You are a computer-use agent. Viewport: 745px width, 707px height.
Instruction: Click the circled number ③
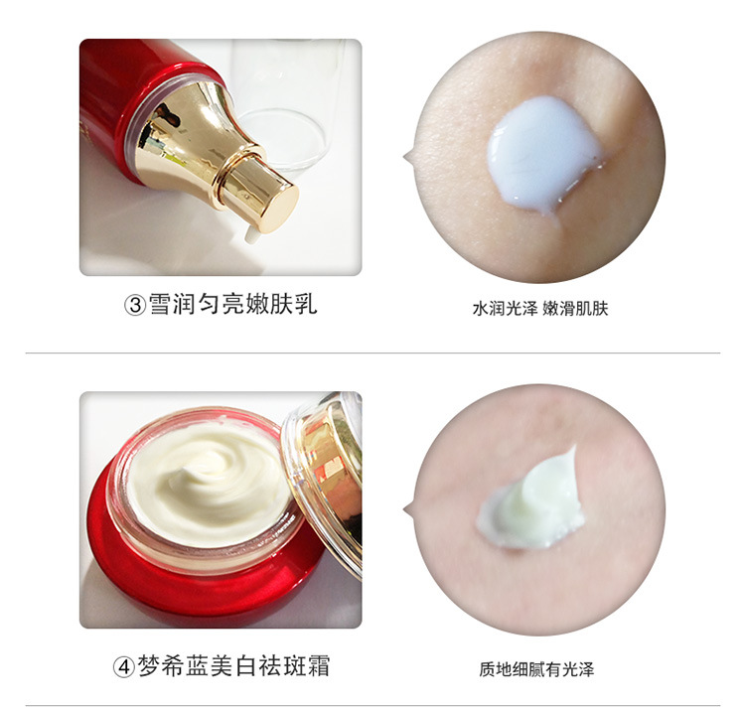(135, 305)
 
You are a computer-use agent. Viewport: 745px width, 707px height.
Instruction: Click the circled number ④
(123, 667)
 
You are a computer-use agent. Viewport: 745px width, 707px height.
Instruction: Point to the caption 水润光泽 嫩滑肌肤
(540, 309)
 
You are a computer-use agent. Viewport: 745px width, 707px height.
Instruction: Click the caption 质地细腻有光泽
(536, 669)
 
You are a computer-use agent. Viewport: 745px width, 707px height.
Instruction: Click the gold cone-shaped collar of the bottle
(190, 133)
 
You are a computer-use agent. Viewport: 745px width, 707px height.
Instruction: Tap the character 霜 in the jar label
(318, 665)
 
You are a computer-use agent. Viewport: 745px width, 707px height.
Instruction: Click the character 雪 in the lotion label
(160, 304)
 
